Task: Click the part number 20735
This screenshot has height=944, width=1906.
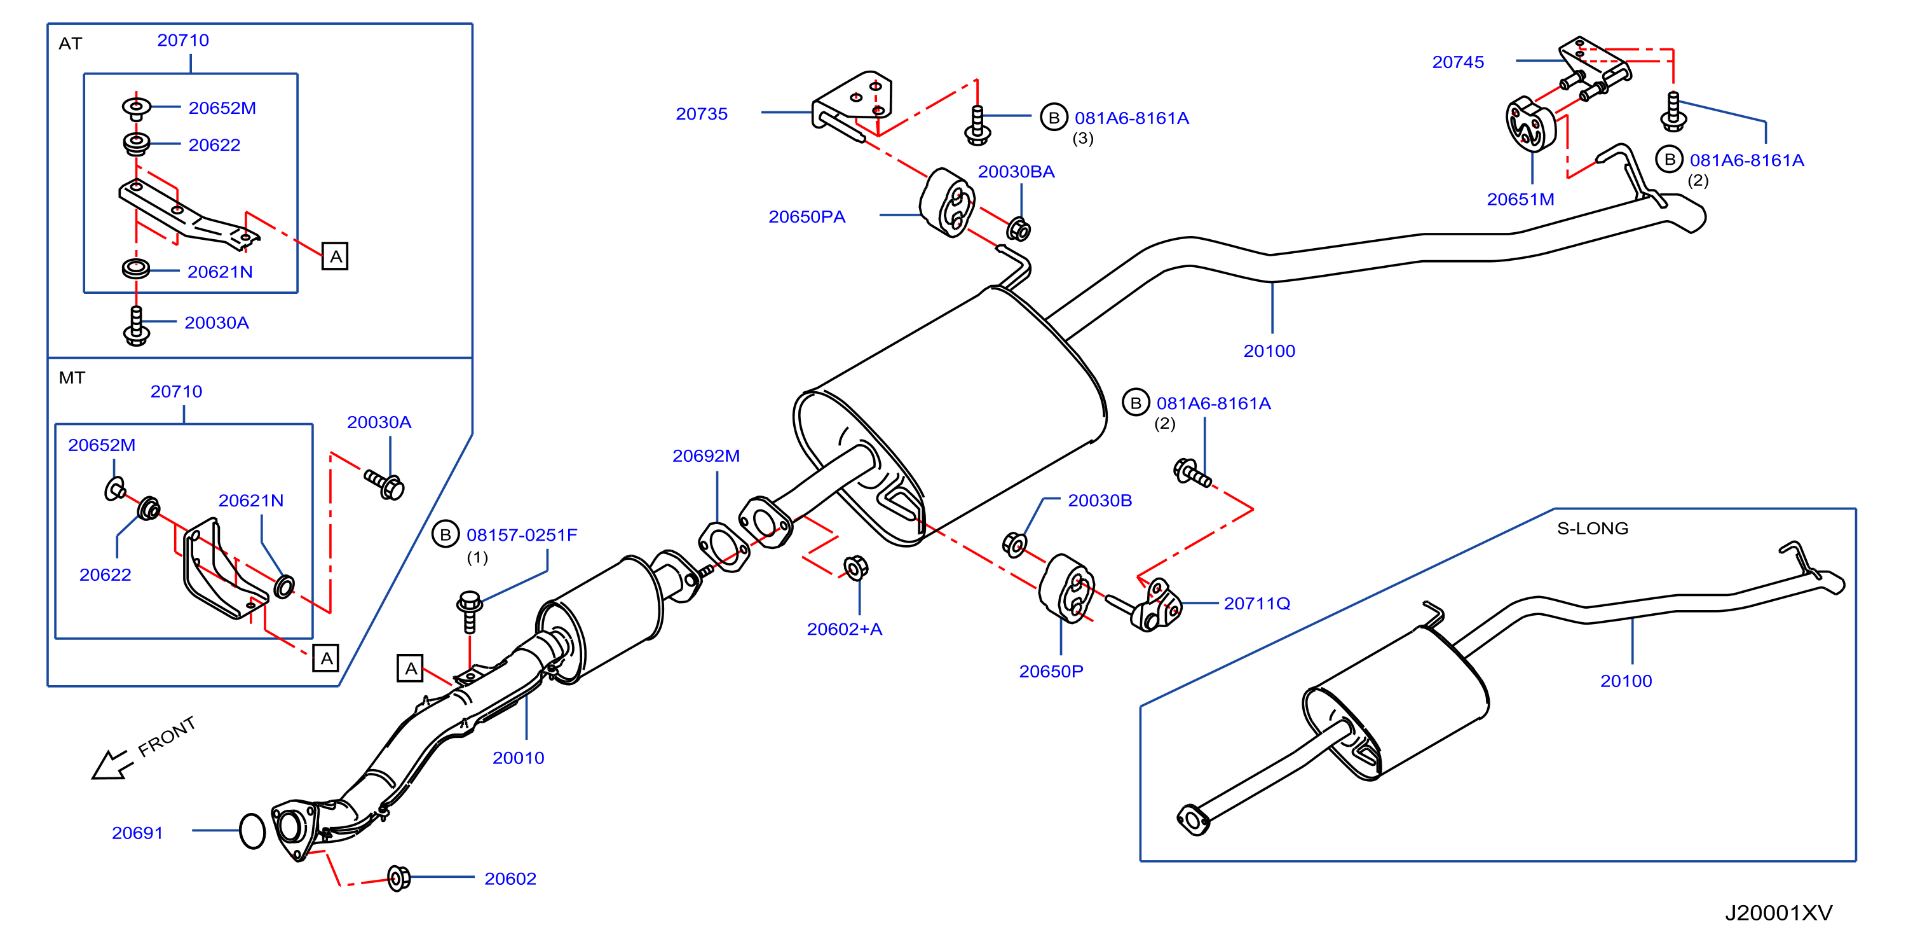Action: point(701,114)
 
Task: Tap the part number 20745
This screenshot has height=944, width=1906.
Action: point(1457,62)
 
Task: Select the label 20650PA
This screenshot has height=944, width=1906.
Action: point(807,217)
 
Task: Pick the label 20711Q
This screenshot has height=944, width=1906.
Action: point(1256,604)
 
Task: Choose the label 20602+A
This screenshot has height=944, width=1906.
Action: point(844,629)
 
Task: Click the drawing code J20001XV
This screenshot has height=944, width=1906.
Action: point(1778,913)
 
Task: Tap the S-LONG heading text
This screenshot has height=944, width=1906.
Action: point(1592,529)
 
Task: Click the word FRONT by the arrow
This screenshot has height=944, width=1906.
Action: point(167,736)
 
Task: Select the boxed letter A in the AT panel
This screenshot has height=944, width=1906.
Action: point(335,257)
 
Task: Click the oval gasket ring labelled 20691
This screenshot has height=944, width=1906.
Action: point(252,831)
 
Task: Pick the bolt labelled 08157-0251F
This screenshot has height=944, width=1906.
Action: point(469,611)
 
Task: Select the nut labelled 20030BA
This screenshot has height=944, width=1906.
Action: point(1018,230)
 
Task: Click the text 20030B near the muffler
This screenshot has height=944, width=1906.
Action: point(1099,501)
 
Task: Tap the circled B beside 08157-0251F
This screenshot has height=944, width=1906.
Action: point(446,534)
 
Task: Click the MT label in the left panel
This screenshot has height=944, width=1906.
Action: point(72,378)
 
